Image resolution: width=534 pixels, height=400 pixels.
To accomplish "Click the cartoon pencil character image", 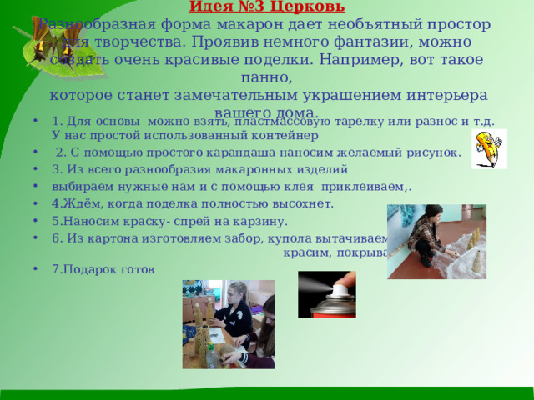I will click(488, 149).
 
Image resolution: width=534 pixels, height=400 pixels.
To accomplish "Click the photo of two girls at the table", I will click(217, 324).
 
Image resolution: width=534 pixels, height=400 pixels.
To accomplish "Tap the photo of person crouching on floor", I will click(436, 242).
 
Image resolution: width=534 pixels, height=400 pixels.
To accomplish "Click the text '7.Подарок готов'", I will click(103, 269).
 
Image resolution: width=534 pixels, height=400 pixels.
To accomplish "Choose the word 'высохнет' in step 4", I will click(305, 203).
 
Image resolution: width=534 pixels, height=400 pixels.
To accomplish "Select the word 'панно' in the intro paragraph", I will click(266, 78).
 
